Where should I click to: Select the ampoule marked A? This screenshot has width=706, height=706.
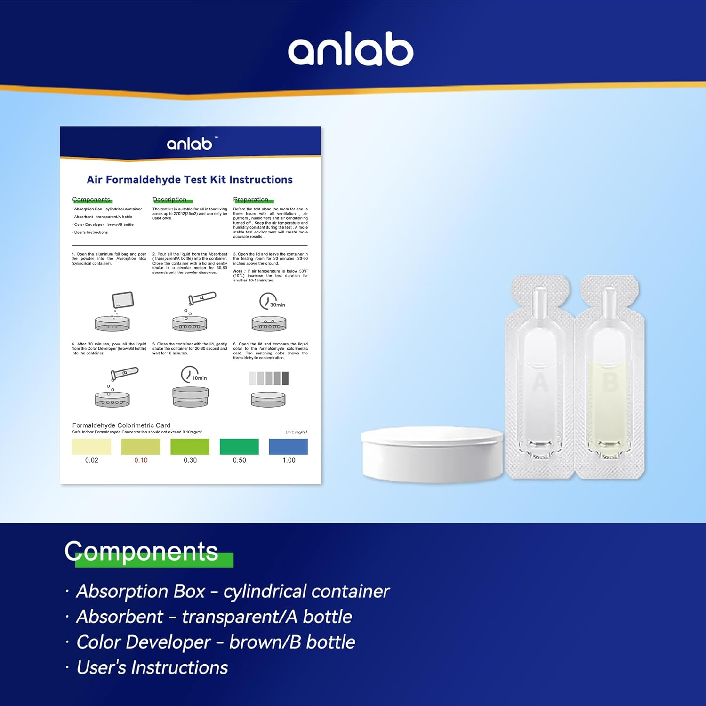click(540, 377)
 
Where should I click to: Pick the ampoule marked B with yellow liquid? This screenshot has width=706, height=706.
click(609, 377)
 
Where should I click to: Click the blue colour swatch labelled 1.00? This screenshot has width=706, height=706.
click(288, 446)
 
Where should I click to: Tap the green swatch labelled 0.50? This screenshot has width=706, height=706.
click(239, 446)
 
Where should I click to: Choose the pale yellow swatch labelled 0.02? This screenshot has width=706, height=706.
click(91, 446)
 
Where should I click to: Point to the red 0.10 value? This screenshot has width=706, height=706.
click(141, 460)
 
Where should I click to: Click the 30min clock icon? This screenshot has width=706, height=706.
click(269, 301)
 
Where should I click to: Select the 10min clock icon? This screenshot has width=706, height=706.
click(191, 375)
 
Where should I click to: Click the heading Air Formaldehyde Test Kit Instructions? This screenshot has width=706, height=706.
click(190, 179)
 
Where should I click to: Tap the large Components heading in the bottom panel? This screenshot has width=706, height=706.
click(142, 551)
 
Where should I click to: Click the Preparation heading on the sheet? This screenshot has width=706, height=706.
click(251, 200)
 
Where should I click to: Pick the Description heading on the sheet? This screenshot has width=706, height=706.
click(169, 200)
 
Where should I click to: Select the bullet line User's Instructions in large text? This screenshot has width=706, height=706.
click(152, 667)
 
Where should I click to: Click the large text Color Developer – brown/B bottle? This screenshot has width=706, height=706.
click(216, 642)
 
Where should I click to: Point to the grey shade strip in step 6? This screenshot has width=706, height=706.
click(269, 378)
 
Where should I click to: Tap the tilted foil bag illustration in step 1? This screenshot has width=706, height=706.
click(123, 299)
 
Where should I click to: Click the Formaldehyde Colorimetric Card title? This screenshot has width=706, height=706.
click(121, 425)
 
